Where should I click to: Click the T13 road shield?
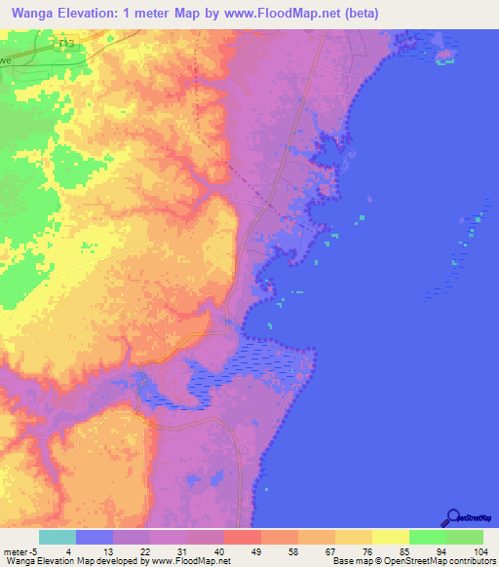coord(65,44)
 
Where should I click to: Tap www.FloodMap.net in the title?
coord(288,14)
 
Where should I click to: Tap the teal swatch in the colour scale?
coord(58,537)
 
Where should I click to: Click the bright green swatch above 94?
coord(428,537)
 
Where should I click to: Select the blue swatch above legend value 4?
coord(95,537)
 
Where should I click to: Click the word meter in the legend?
coord(16,551)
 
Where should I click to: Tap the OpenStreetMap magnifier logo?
coord(451,517)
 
